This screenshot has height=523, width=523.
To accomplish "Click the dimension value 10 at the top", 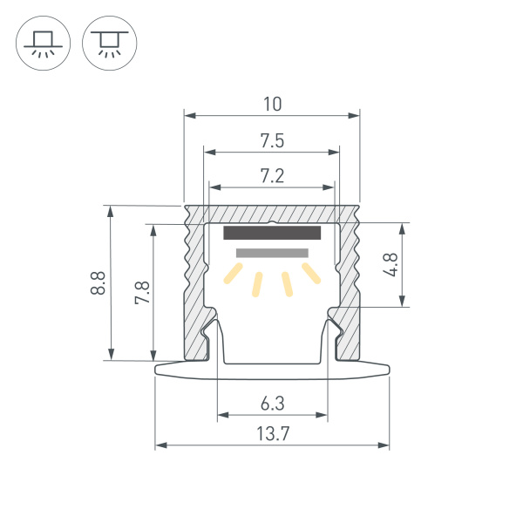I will tap(272, 104).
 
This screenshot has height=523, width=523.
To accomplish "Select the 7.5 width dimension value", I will tap(272, 140).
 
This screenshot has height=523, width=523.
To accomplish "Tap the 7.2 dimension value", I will tap(272, 176).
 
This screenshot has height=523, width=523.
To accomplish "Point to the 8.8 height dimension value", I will tap(98, 282).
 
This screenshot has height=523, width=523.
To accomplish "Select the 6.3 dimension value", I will tap(272, 403).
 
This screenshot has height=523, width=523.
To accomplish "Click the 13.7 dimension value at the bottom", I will tap(272, 434).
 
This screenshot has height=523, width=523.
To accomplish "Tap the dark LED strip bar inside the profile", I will tap(273, 233).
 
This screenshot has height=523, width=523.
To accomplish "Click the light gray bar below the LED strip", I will tap(272, 253).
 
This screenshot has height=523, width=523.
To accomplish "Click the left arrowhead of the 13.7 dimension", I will tap(160, 445).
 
